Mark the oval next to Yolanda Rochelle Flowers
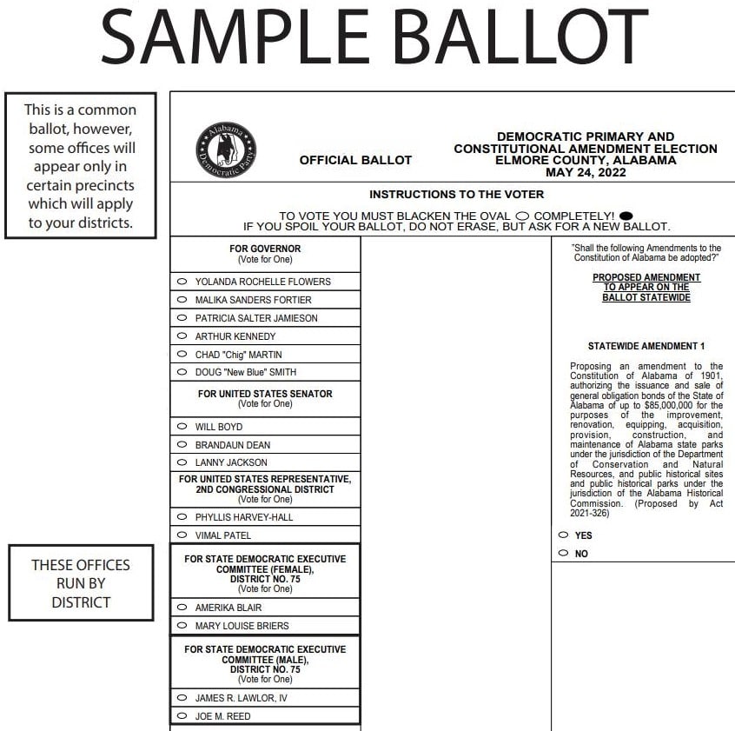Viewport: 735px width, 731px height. pos(182,282)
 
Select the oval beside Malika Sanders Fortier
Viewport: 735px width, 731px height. pos(182,300)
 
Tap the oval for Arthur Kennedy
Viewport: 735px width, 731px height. pos(182,336)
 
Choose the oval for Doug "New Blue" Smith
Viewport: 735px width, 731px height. pos(182,372)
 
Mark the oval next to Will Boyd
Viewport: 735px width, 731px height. pos(182,427)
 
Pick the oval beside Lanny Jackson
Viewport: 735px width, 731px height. pos(182,462)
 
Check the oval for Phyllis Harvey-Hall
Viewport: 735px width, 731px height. pos(182,517)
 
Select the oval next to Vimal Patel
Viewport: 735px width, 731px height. pos(182,535)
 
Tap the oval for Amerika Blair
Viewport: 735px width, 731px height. pos(182,608)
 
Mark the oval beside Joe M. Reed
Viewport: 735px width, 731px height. pos(182,716)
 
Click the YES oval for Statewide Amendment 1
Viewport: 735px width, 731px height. pos(564,535)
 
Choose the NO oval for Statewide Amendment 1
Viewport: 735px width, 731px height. pos(564,553)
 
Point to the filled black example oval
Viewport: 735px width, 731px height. pos(626,216)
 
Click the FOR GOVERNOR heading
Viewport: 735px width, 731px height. pos(265,249)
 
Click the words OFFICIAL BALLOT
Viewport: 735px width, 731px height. pos(355,160)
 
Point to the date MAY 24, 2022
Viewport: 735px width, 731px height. pos(586,172)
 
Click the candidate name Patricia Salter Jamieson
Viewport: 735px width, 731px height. pos(256,318)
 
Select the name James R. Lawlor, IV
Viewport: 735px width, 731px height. pos(241,698)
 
